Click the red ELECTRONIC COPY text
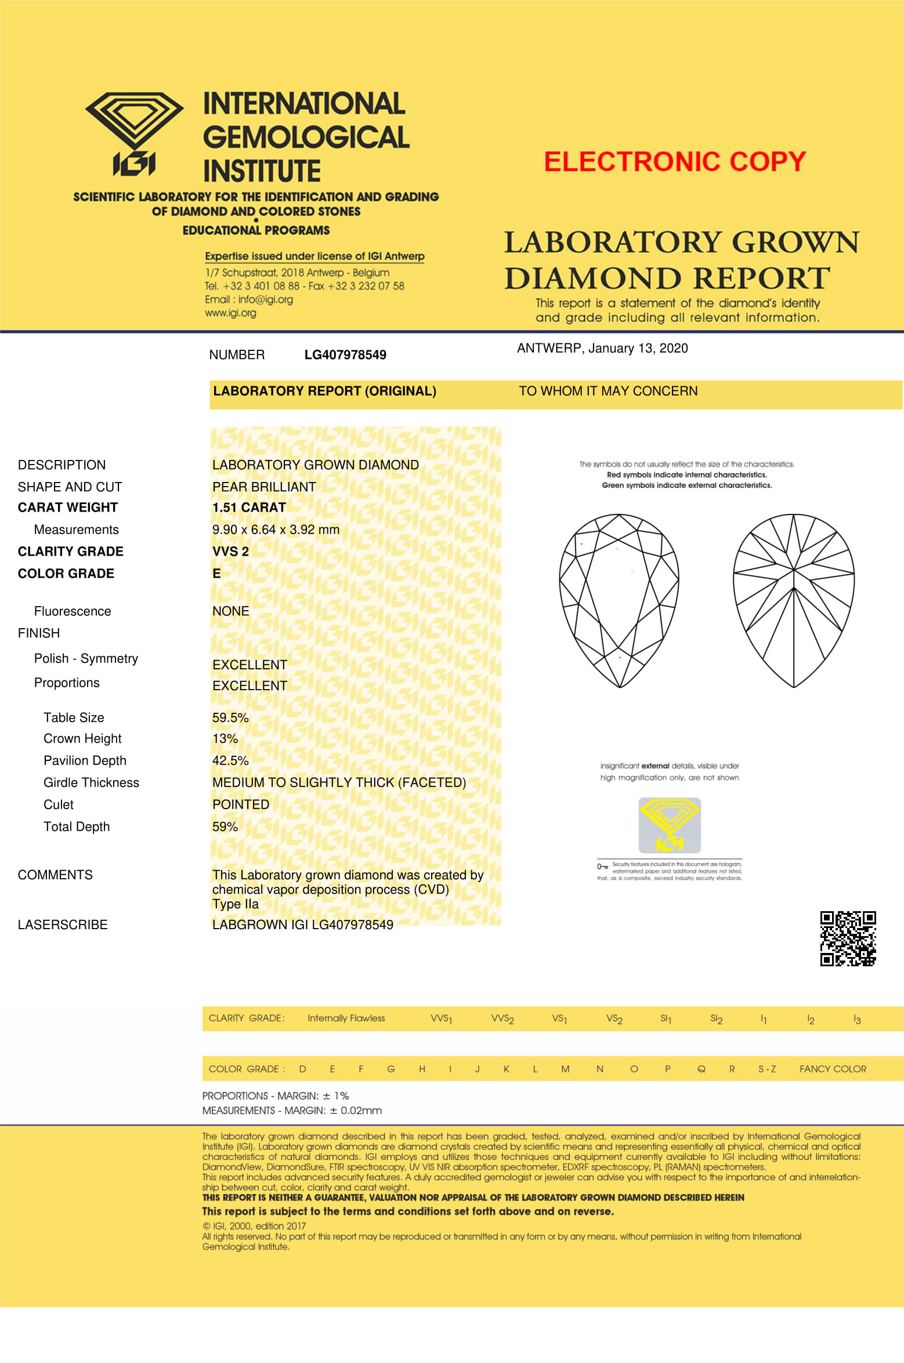click(x=675, y=162)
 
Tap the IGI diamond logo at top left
click(x=135, y=134)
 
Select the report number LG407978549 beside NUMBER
click(x=345, y=355)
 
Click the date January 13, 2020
click(x=638, y=348)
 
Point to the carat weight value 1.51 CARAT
click(x=249, y=507)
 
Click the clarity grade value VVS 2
click(x=230, y=552)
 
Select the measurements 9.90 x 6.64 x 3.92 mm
click(x=276, y=530)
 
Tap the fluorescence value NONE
click(x=230, y=611)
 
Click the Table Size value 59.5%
click(x=230, y=717)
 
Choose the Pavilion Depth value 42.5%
click(x=230, y=760)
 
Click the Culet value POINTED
click(x=241, y=804)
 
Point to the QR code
click(x=848, y=938)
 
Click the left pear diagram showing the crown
click(x=619, y=600)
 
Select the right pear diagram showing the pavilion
click(x=794, y=600)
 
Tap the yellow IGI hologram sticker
click(x=670, y=825)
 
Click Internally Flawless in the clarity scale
click(x=346, y=1018)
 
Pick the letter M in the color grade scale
click(x=565, y=1069)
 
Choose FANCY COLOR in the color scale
click(x=833, y=1069)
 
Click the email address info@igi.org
click(x=265, y=299)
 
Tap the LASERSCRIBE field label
click(x=63, y=925)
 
